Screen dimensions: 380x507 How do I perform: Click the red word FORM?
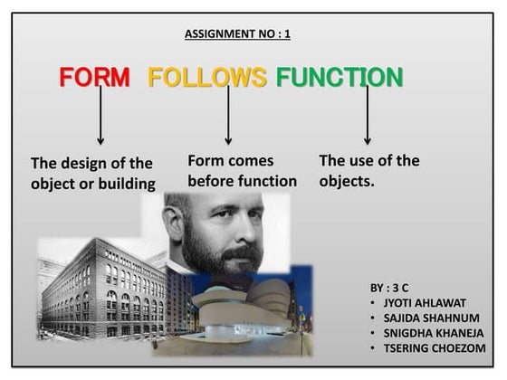[94, 77]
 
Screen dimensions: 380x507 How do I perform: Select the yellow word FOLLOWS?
[207, 77]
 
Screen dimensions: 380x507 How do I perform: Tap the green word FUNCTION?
[340, 77]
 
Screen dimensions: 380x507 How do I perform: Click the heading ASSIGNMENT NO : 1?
[237, 34]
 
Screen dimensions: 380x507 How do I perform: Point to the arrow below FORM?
[100, 116]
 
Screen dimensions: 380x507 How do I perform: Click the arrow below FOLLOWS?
[228, 116]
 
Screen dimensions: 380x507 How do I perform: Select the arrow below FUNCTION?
[367, 116]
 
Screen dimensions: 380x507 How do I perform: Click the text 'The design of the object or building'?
[92, 174]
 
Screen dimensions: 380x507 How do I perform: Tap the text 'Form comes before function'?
[242, 171]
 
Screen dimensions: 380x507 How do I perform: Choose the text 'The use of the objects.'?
[368, 171]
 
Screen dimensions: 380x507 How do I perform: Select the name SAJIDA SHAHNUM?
[430, 318]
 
